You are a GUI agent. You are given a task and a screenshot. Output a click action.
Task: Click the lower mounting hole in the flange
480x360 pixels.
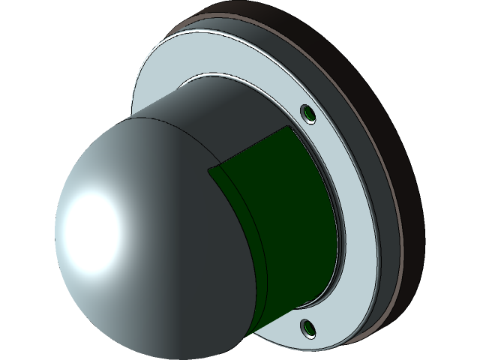coord(307,327)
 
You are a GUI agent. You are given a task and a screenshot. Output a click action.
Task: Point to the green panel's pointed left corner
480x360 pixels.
coord(208,169)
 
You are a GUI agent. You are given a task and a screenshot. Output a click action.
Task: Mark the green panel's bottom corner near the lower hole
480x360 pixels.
coord(300,305)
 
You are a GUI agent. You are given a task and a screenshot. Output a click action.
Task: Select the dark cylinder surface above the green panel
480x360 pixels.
coord(225,120)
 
